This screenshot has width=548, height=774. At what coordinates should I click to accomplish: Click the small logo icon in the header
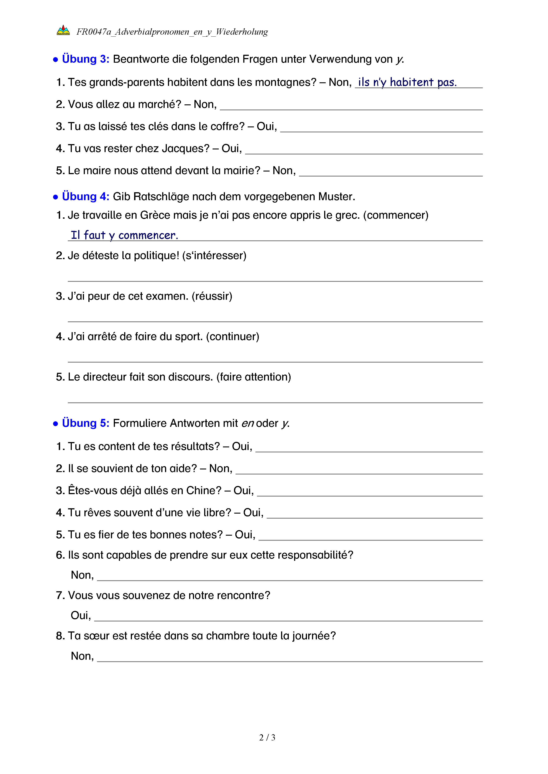pyautogui.click(x=63, y=30)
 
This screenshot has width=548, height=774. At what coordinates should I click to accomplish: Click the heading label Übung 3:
pyautogui.click(x=85, y=59)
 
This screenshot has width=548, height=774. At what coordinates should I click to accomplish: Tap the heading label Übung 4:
pyautogui.click(x=85, y=196)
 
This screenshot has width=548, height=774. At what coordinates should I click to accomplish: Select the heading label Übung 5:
pyautogui.click(x=85, y=423)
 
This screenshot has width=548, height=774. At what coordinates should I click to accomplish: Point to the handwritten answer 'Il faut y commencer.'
pyautogui.click(x=124, y=235)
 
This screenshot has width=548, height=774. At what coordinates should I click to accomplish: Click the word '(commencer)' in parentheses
pyautogui.click(x=396, y=215)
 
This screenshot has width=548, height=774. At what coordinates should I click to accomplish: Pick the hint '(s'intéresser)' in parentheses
pyautogui.click(x=214, y=256)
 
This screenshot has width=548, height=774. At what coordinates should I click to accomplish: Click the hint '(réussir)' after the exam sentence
pyautogui.click(x=212, y=296)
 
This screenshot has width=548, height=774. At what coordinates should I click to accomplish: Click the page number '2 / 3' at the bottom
pyautogui.click(x=267, y=738)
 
